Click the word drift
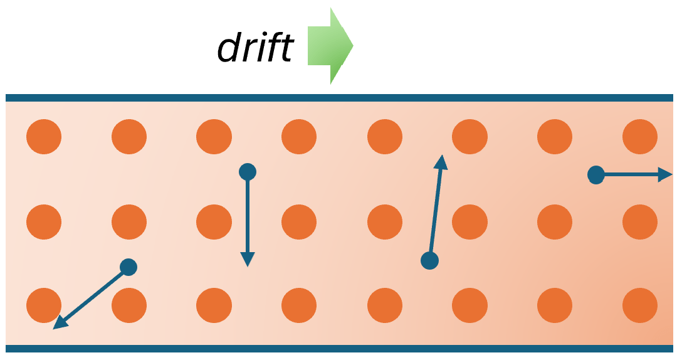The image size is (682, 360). coord(256,46)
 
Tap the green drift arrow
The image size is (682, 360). coord(330,46)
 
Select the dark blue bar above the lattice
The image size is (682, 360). coord(339,98)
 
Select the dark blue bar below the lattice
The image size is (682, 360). coord(339,349)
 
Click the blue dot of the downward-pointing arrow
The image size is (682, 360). coord(248,172)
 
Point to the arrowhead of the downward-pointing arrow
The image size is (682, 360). coord(248,260)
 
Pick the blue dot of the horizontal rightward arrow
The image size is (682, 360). coord(596,174)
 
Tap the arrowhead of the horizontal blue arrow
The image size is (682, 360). coord(666,174)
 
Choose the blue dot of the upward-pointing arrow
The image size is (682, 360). coord(430,261)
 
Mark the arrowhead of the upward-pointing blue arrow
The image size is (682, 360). coord(441,162)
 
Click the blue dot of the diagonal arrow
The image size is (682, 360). coord(129,267)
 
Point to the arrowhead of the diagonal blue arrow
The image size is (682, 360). coord(60,323)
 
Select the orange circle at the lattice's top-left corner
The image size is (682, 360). coord(44,137)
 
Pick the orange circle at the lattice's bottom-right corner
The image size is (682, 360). coord(640,305)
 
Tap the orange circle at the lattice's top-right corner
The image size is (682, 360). coord(640,137)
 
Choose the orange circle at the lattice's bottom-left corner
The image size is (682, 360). coord(44,305)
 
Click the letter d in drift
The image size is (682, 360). coord(229,47)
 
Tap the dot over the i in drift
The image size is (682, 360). coord(263,36)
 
